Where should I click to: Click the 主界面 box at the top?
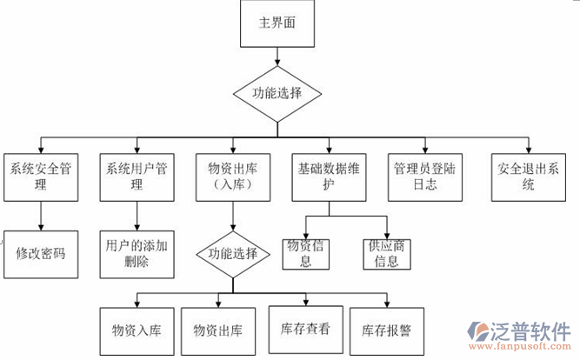277,24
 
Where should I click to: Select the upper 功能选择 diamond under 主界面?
277,91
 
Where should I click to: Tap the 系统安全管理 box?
41,177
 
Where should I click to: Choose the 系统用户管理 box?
136,177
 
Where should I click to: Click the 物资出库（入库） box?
231,177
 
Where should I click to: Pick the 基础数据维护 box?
328,177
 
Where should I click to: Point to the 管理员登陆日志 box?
425,177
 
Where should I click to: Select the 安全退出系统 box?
529,177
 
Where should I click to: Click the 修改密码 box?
41,254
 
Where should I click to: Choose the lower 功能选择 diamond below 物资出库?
231,255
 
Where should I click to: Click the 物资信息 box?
305,253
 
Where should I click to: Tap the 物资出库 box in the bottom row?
218,331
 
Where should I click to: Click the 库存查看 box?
304,330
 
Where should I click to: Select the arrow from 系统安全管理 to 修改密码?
41,217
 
